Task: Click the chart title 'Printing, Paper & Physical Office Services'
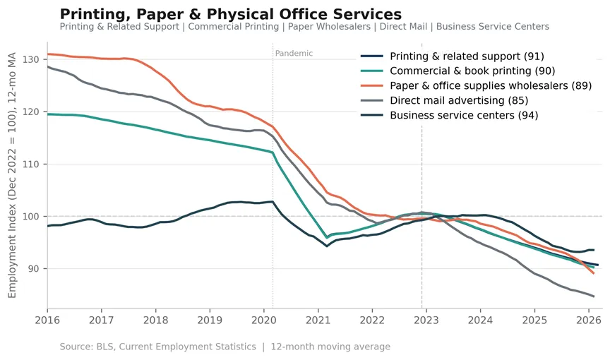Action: coord(231,14)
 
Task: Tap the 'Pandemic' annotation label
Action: coord(294,53)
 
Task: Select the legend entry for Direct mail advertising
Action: coord(445,100)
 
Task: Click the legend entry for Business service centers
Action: coord(449,115)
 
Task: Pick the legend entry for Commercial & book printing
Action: coord(458,71)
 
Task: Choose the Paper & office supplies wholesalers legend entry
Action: coord(476,85)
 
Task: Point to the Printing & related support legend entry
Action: coord(453,56)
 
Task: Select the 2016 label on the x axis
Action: coord(47,320)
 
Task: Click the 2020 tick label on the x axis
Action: coord(264,320)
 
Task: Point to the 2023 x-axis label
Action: coord(426,320)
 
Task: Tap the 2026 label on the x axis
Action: coord(589,320)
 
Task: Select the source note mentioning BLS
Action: coord(225,347)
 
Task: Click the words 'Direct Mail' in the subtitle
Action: coord(403,26)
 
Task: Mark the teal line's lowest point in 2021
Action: coord(327,238)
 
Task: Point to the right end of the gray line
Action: coord(594,296)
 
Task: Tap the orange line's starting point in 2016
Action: coord(48,54)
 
